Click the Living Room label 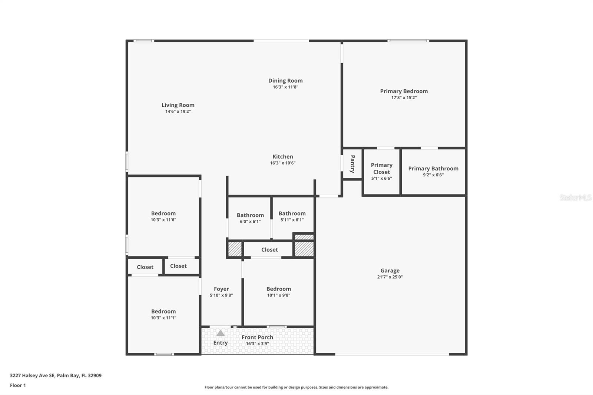178,105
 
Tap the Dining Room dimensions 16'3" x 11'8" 285,87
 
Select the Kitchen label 283,157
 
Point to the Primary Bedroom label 404,91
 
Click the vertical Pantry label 352,164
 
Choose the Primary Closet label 381,169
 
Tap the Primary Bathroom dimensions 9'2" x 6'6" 433,175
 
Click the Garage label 390,271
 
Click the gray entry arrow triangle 221,333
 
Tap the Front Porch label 257,337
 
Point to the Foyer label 221,289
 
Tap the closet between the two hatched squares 269,250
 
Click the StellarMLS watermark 575,197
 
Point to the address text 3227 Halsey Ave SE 56,375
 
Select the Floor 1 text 18,385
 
